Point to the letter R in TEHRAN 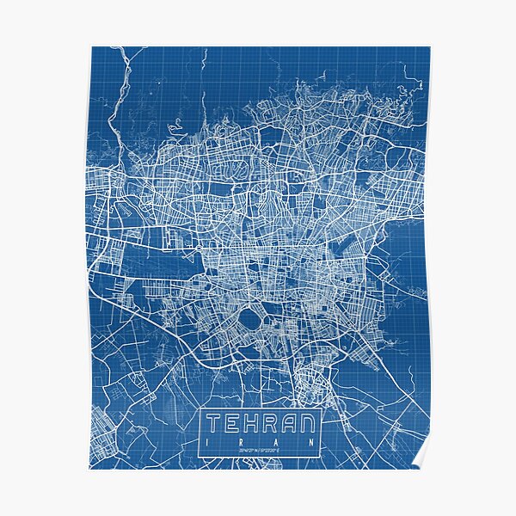[272, 424]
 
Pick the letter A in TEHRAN [290, 424]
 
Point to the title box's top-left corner [201, 409]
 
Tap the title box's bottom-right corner [322, 457]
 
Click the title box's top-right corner [322, 409]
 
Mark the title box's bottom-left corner [201, 457]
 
